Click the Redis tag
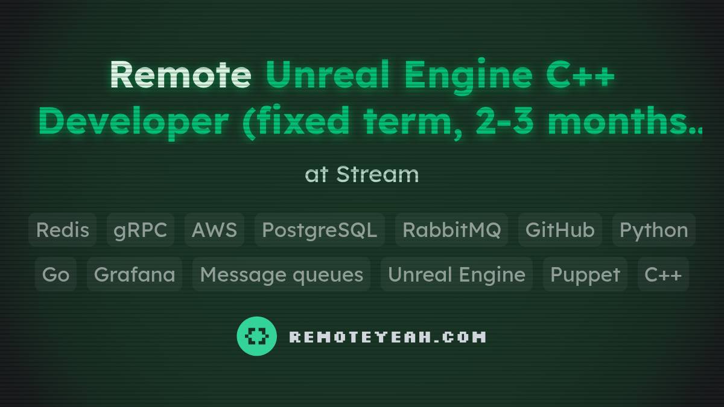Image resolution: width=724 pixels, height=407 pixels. point(62,230)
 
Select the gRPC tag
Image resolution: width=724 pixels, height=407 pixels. point(141,230)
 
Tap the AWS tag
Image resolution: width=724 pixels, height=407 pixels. point(214,230)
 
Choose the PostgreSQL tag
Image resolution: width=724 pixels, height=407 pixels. point(320,230)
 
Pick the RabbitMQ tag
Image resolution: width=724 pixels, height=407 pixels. point(451,230)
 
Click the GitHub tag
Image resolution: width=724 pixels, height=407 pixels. point(560,230)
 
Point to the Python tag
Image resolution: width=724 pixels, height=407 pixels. point(654,230)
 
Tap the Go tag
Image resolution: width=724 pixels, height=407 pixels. point(56,274)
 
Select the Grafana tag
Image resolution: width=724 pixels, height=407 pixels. point(135,274)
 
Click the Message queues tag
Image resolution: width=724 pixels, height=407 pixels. point(281,274)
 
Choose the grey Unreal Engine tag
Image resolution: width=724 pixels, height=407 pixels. point(456,274)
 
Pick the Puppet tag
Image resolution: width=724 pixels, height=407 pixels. point(585,274)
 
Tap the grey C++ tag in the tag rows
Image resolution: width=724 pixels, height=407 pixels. point(663,274)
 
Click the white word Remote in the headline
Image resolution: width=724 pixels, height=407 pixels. point(180,75)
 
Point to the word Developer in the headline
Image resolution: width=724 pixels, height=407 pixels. point(133,122)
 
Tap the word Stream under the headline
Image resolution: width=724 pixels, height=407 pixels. point(377,174)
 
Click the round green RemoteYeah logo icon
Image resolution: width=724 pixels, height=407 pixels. point(257,336)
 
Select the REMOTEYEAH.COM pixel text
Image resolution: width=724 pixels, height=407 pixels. point(387,336)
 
